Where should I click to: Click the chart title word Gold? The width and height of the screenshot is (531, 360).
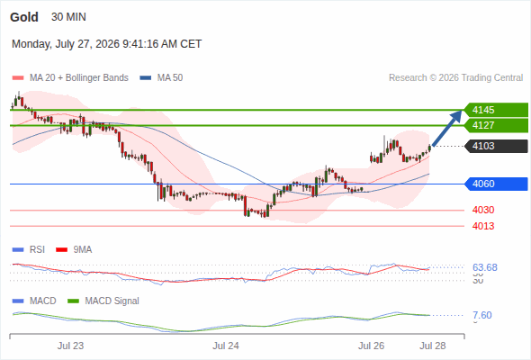click(24, 17)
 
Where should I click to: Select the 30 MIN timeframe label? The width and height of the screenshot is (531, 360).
click(68, 17)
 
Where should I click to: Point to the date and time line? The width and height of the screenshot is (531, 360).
click(107, 44)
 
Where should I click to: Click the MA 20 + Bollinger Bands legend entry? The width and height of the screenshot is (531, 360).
click(70, 78)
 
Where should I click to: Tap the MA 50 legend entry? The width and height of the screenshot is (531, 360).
click(161, 78)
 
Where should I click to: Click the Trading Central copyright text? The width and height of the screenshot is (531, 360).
click(455, 78)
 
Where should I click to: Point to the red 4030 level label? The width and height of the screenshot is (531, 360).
click(483, 210)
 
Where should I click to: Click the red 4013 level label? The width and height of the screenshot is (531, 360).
click(483, 226)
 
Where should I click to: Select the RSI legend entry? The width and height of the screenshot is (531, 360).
click(29, 250)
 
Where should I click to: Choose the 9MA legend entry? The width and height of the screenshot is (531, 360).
click(74, 250)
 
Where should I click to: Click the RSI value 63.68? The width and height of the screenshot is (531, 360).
click(485, 267)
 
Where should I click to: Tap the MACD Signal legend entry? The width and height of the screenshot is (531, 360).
click(103, 301)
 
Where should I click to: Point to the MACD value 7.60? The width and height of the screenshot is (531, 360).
click(482, 315)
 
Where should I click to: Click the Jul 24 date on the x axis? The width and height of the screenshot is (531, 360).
click(226, 346)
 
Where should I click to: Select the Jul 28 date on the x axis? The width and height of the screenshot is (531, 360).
click(433, 346)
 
